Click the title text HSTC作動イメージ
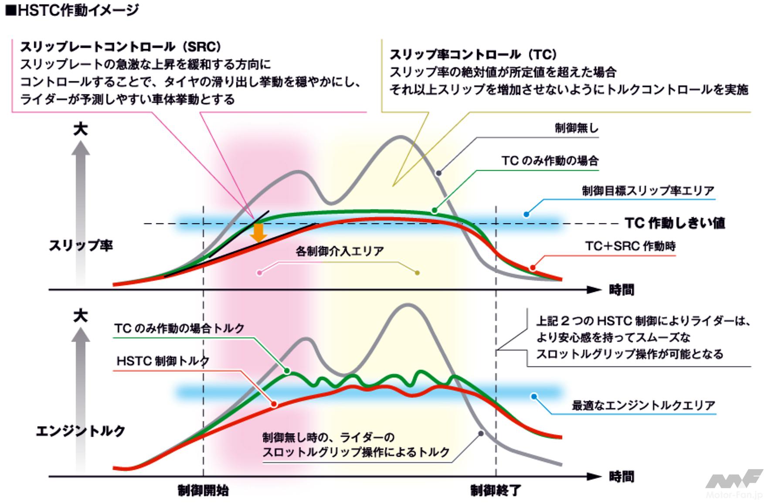[x=72, y=10]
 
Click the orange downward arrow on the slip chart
[x=258, y=233]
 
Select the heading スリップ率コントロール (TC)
[x=473, y=54]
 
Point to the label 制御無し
[x=576, y=128]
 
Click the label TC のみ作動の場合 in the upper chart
[x=550, y=161]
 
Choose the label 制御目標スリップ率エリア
[x=648, y=191]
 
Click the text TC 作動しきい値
[x=675, y=223]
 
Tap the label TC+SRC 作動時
[x=630, y=246]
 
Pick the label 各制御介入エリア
[x=340, y=251]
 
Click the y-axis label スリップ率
[x=81, y=245]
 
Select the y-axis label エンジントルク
[x=81, y=431]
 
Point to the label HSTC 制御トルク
[x=163, y=361]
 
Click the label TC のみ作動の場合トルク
[x=179, y=328]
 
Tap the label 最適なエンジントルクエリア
[x=643, y=405]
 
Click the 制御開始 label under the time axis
[x=203, y=490]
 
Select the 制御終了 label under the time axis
[x=496, y=490]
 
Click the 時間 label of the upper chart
[x=622, y=289]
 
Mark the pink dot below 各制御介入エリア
[x=260, y=273]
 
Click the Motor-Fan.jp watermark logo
[x=734, y=484]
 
